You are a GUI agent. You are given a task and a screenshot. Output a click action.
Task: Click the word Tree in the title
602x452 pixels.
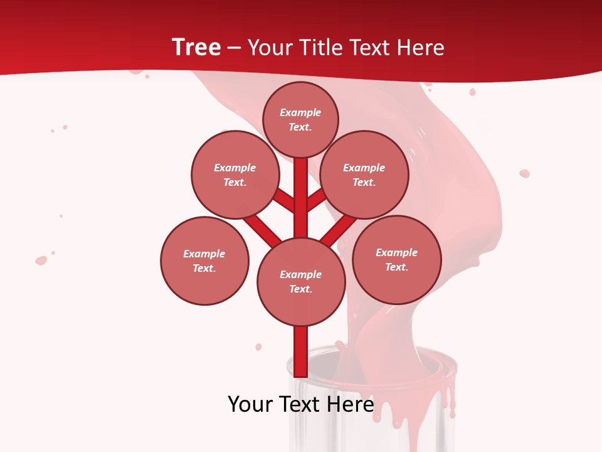[x=196, y=48]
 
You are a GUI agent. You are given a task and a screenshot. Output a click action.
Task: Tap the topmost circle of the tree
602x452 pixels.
[x=300, y=119]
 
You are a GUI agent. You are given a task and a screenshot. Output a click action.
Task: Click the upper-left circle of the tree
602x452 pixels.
[x=235, y=175]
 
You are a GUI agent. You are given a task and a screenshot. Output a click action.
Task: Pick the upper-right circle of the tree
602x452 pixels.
[x=364, y=175]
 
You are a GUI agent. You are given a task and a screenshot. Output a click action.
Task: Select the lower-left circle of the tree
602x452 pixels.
[x=204, y=261]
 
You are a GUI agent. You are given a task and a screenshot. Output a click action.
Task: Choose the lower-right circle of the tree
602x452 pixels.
[x=396, y=259]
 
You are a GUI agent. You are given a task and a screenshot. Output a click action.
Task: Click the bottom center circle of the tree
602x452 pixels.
[x=301, y=281]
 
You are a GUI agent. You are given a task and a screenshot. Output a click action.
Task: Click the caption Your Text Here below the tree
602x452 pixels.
[x=301, y=404]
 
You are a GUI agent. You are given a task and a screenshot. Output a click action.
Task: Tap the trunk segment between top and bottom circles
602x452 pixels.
[x=300, y=198]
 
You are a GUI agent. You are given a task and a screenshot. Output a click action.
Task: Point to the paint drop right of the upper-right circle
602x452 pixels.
[x=524, y=173]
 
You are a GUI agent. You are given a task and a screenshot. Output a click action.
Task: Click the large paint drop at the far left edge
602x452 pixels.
[x=41, y=260]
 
